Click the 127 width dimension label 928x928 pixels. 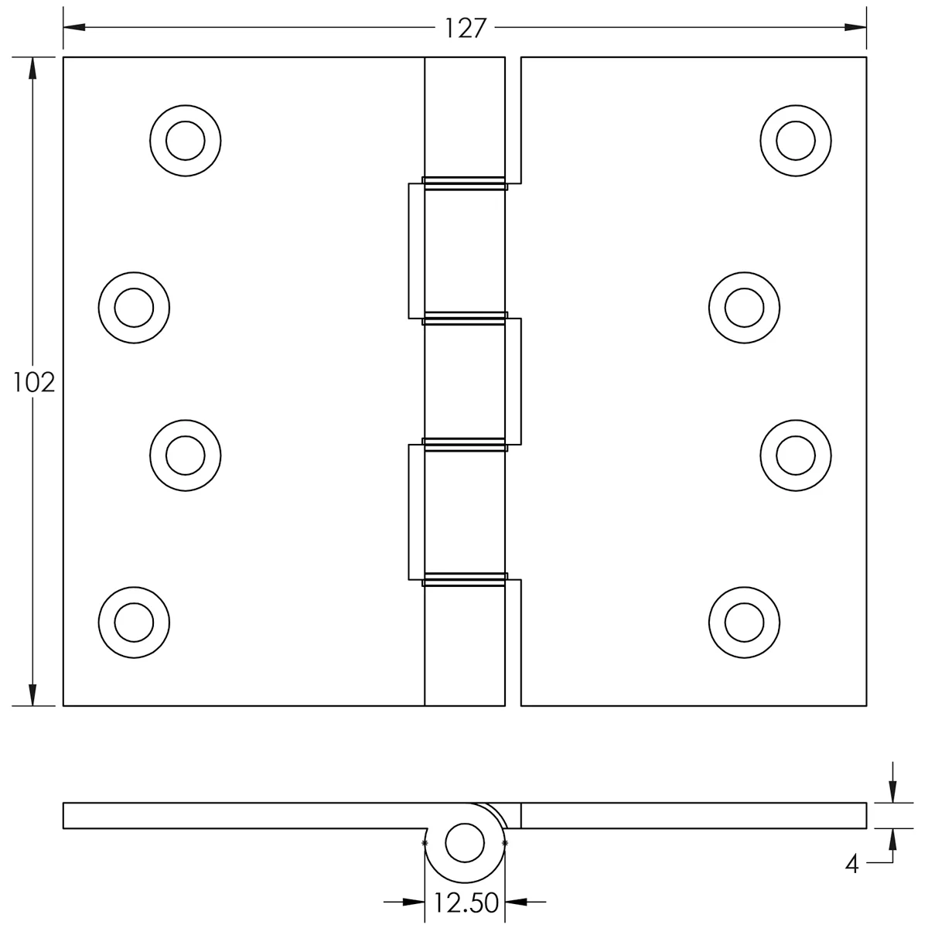coord(465,29)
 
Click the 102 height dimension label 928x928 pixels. coord(33,384)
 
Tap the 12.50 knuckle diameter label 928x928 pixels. coord(466,903)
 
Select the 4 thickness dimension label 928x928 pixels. coord(852,878)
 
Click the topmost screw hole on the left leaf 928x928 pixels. coord(186,141)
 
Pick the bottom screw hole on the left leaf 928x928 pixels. coord(134,623)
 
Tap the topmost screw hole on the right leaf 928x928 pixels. coord(796,141)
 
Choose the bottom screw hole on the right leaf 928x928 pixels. coord(744,623)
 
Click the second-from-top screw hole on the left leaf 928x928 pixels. coord(134,308)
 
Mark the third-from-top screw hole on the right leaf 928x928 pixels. coord(796,455)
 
